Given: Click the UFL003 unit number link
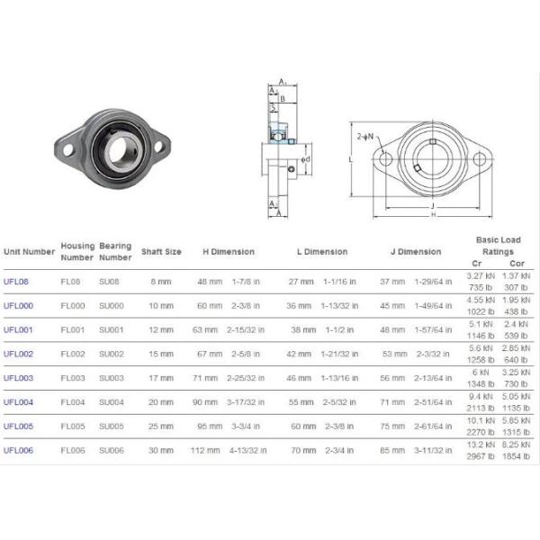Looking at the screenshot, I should click(18, 378).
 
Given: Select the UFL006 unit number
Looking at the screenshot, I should click(18, 450).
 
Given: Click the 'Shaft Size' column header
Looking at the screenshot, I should click(161, 252).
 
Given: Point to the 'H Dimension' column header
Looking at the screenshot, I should click(228, 252).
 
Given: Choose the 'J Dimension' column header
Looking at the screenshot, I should click(415, 252).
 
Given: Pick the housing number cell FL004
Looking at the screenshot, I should click(71, 402).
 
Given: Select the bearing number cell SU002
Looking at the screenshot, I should click(110, 355).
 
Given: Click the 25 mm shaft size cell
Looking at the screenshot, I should click(161, 427).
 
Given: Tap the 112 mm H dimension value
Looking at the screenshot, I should click(209, 450).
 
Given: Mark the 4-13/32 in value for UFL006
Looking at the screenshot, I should click(247, 450).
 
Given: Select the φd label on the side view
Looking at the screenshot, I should click(305, 159).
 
